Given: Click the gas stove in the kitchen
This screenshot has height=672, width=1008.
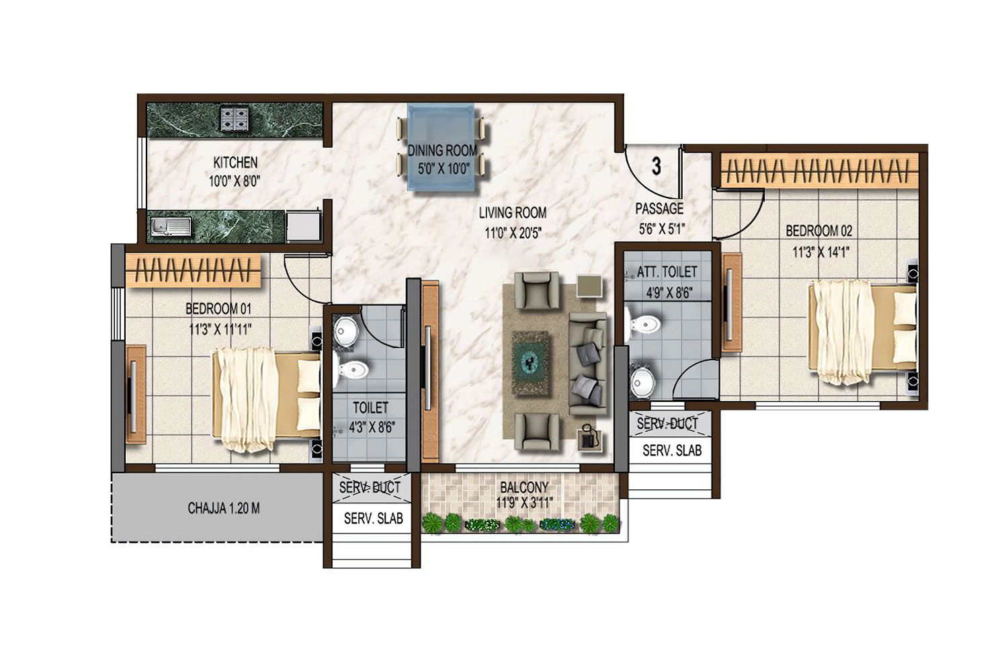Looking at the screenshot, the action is (x=234, y=118).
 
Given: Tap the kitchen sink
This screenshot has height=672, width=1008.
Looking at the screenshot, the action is (x=171, y=226).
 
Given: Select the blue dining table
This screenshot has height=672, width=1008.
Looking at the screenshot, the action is (x=441, y=147).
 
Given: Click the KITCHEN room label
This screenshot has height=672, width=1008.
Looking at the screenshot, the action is (x=235, y=162).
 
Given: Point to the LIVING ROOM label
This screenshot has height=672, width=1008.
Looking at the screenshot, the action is (x=513, y=212).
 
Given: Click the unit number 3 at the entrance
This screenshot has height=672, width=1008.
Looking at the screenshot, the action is (x=657, y=166).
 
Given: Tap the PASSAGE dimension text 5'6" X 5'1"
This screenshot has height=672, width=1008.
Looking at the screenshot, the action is (x=661, y=229).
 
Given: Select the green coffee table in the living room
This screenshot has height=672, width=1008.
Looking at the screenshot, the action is (x=532, y=363).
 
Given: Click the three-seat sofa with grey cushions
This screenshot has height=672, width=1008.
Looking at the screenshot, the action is (x=588, y=364).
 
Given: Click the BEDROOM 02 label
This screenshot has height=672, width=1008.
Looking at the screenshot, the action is (x=819, y=231).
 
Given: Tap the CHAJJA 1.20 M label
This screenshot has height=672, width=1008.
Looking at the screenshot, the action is (x=224, y=508).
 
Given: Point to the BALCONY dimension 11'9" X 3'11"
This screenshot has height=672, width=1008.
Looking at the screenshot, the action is (x=524, y=503).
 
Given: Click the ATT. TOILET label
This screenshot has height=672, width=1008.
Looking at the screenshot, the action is (x=667, y=272).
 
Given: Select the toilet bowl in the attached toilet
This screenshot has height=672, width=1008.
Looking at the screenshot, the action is (x=644, y=324).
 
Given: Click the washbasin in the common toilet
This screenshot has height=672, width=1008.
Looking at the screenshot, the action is (x=345, y=333).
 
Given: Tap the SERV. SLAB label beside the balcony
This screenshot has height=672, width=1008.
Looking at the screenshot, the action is (x=374, y=519).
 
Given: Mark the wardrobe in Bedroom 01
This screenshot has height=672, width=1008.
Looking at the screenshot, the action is (x=194, y=270).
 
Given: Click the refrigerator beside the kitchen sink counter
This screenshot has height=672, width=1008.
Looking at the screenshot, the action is (x=304, y=226).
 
